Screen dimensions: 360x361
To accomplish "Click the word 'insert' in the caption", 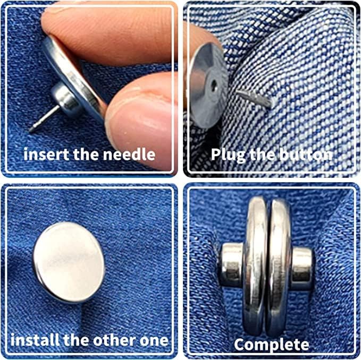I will coord(43,155).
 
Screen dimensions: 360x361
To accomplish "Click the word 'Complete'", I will coord(272,344).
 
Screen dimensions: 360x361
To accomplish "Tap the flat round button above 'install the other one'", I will coord(69,255).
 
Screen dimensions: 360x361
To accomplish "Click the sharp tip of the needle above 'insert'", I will coord(32,129).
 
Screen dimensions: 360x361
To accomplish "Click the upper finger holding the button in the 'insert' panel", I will coord(106,27).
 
